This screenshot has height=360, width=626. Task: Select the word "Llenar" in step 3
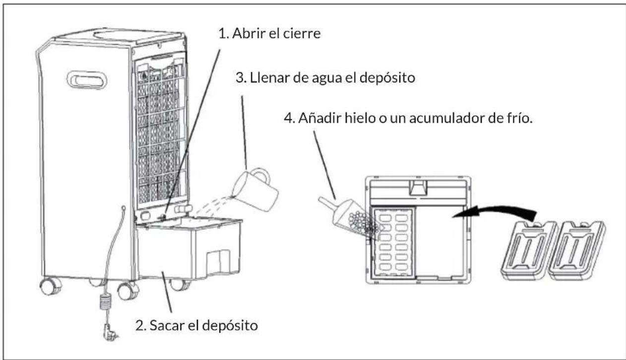pyautogui.click(x=269, y=78)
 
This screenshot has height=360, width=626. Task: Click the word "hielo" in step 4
pyautogui.click(x=360, y=118)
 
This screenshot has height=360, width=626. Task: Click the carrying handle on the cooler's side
pyautogui.click(x=87, y=80)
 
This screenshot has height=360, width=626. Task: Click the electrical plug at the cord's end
pyautogui.click(x=110, y=332)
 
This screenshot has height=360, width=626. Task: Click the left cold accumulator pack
pyautogui.click(x=528, y=250)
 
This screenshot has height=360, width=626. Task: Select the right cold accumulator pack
pyautogui.click(x=577, y=250)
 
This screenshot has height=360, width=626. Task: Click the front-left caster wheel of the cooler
pyautogui.click(x=51, y=286)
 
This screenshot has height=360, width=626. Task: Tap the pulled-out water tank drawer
pyautogui.click(x=189, y=248)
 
